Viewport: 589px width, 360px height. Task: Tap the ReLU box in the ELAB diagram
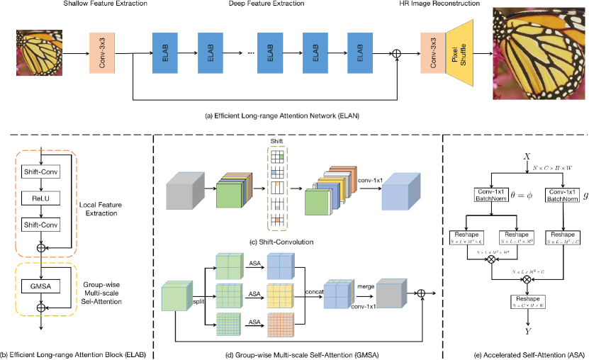[x=43, y=201]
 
